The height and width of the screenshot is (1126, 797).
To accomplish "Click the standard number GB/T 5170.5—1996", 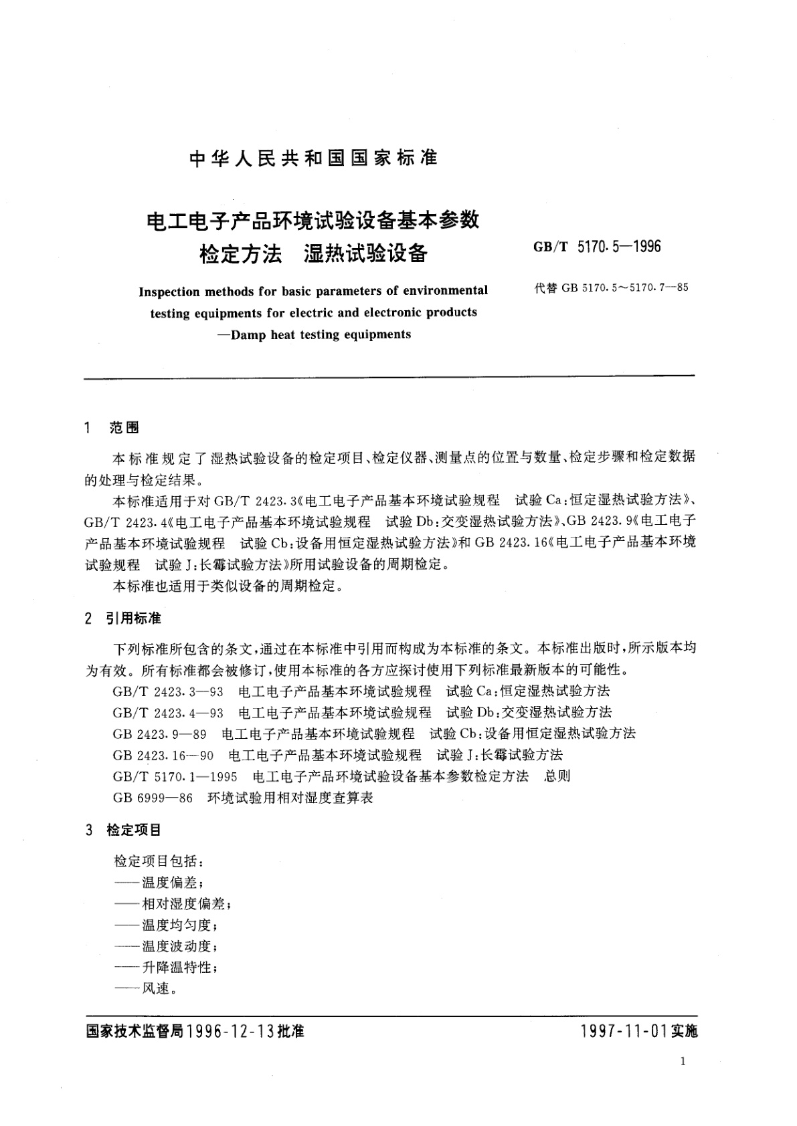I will (597, 247).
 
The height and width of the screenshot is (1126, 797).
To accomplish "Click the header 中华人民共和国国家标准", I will (313, 158).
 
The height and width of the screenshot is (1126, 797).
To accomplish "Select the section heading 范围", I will (124, 428).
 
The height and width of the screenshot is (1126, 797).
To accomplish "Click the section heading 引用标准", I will (133, 618).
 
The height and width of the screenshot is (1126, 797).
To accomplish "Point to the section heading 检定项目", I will (134, 830).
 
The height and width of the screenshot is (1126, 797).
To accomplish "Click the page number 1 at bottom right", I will (682, 1061).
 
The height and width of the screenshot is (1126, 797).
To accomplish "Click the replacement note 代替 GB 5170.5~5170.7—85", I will (611, 288).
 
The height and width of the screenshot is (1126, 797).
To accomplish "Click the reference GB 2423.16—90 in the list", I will (163, 755).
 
